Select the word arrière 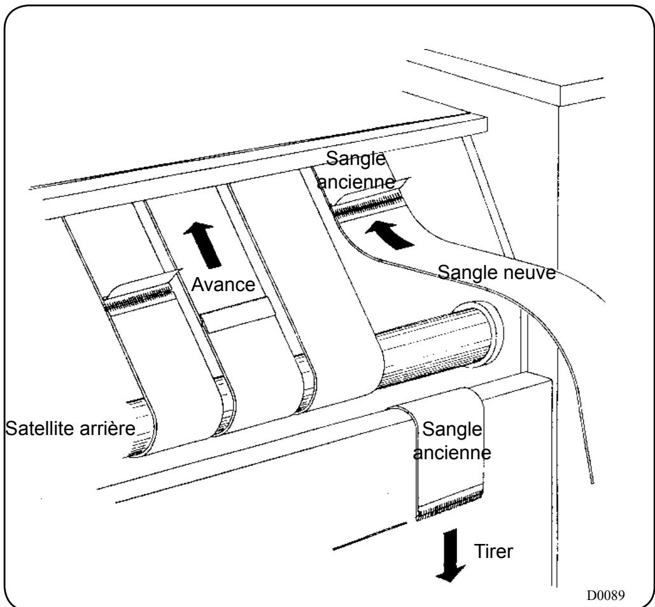point(110,427)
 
